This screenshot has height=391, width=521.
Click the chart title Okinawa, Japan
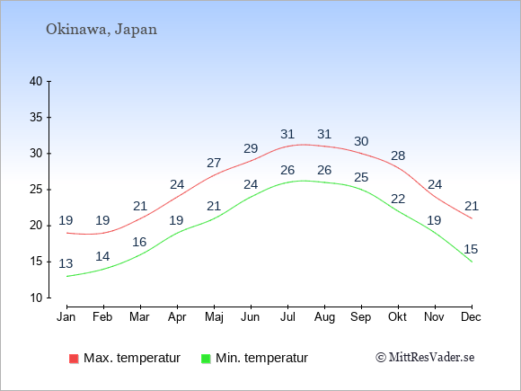click(x=102, y=30)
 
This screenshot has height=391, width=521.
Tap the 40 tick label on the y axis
click(x=36, y=81)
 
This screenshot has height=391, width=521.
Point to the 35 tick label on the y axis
click(x=36, y=118)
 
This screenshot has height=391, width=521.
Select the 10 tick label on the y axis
click(x=36, y=298)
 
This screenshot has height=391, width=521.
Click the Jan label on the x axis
click(x=66, y=317)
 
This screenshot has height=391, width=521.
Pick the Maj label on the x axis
click(x=214, y=317)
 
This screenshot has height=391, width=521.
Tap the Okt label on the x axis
click(x=397, y=317)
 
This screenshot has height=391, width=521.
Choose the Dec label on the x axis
click(x=471, y=317)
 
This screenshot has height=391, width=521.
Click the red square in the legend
click(x=74, y=359)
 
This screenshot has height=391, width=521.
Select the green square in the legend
click(x=206, y=359)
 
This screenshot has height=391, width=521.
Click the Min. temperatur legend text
click(x=261, y=358)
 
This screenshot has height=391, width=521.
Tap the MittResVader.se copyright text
click(x=425, y=358)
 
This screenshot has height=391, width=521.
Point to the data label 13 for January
click(x=66, y=263)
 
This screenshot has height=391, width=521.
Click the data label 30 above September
click(x=361, y=141)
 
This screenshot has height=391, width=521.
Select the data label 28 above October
click(x=398, y=156)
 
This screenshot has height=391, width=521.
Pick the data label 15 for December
click(x=471, y=249)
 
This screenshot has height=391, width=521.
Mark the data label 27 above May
click(x=214, y=163)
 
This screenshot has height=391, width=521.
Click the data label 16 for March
click(x=139, y=242)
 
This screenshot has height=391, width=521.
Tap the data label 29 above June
click(x=251, y=148)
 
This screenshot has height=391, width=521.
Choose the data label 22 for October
click(x=398, y=199)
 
